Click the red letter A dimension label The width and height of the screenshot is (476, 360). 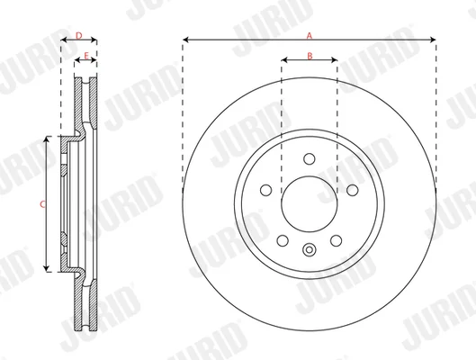[309, 36]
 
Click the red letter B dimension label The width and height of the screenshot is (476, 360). [310, 56]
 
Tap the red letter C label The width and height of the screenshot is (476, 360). [42, 204]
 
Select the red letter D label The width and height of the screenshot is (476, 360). [79, 36]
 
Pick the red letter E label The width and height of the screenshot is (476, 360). [85, 56]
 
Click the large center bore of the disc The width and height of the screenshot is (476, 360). [310, 204]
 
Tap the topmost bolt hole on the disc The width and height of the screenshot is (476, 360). [310, 158]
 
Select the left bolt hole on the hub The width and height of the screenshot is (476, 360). [266, 190]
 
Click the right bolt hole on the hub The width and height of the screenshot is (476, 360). [353, 190]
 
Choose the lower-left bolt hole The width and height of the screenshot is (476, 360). [283, 240]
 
